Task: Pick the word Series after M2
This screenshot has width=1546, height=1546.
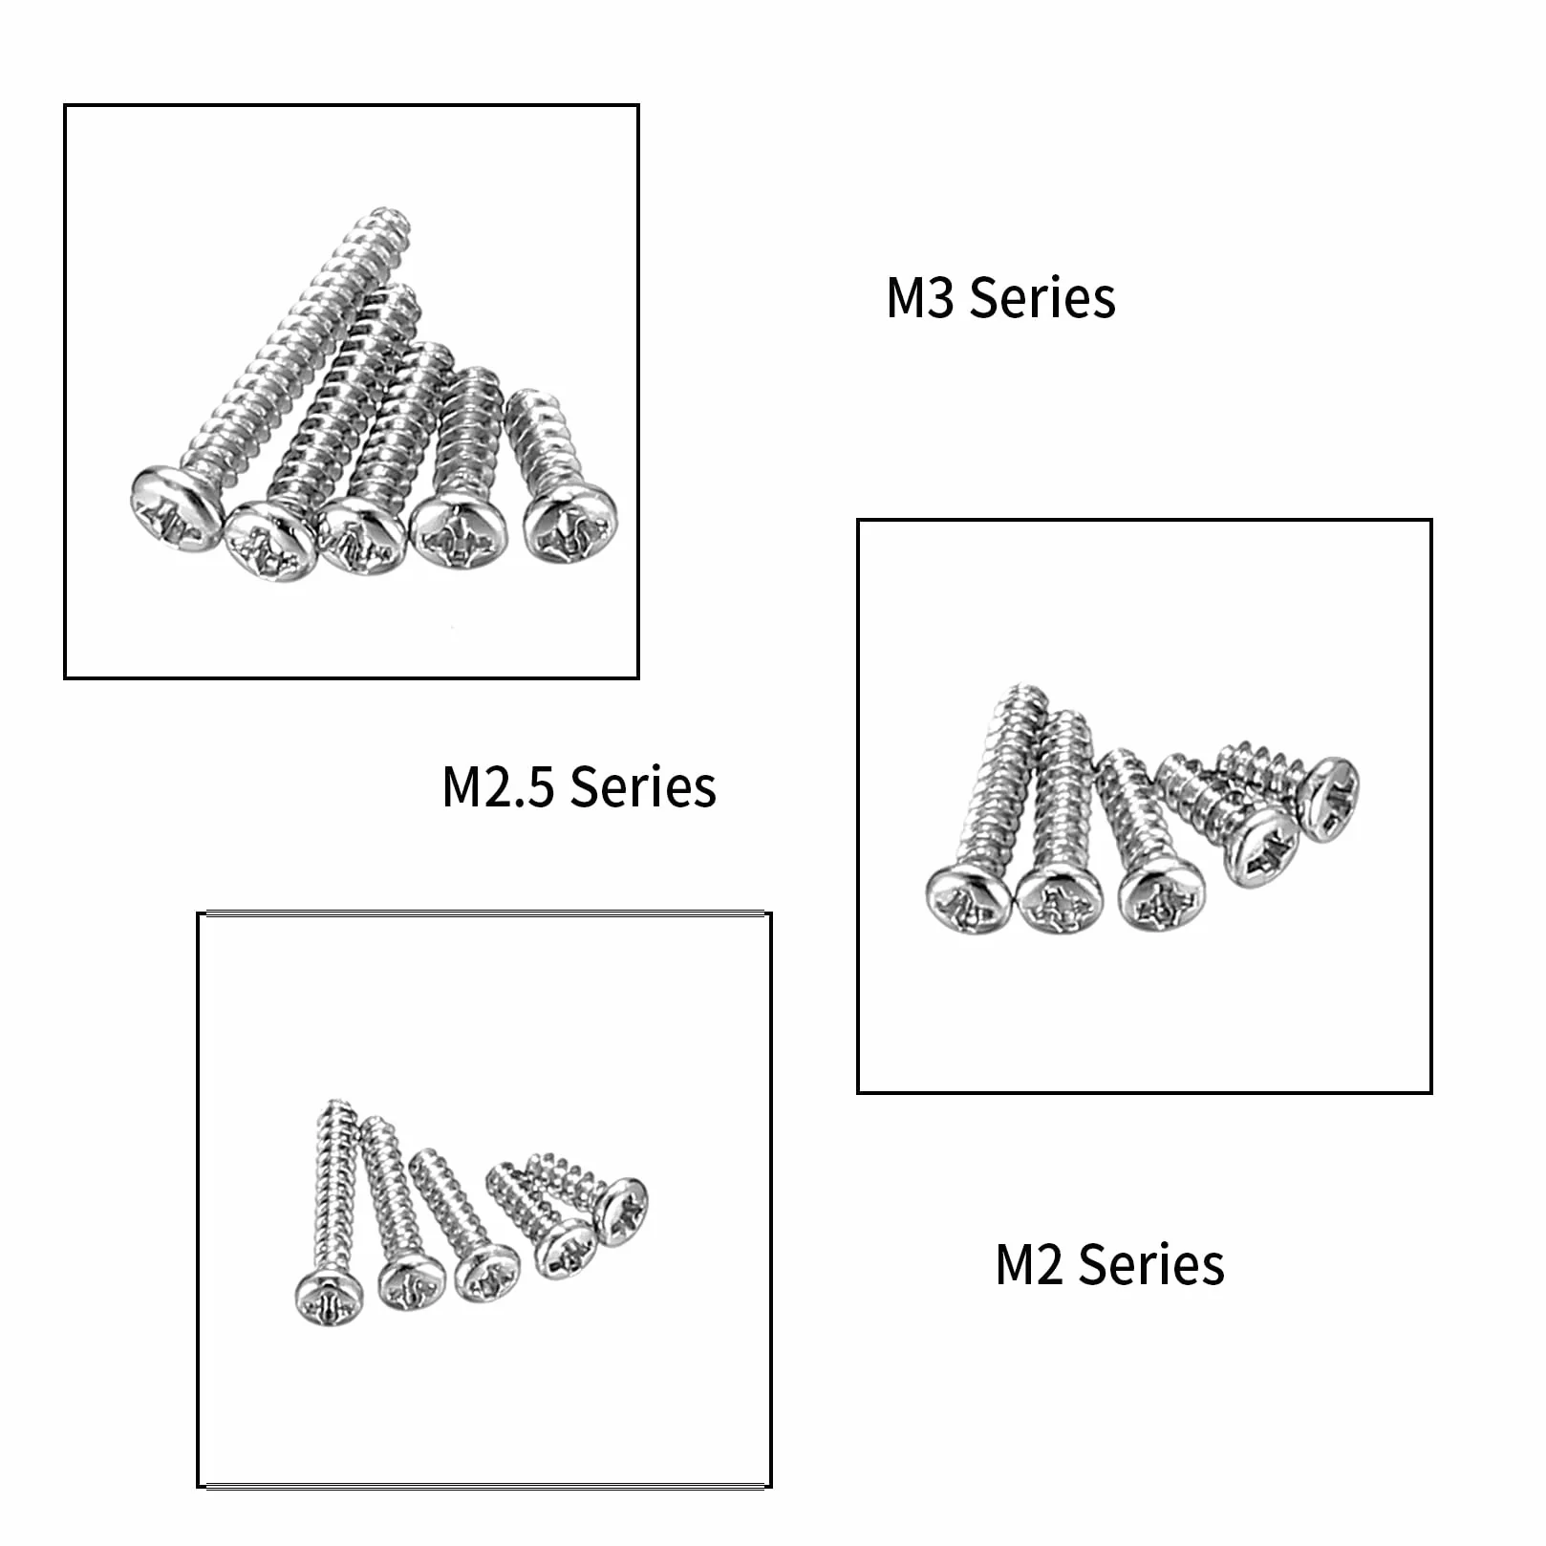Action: pos(1151,1265)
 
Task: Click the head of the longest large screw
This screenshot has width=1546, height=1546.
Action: pos(178,509)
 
